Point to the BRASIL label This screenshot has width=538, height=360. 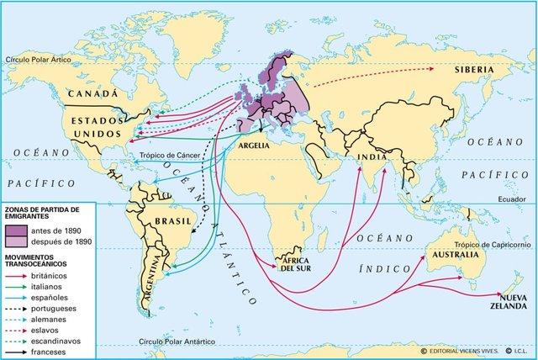pyautogui.click(x=162, y=222)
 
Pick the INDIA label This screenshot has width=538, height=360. pyautogui.click(x=369, y=156)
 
